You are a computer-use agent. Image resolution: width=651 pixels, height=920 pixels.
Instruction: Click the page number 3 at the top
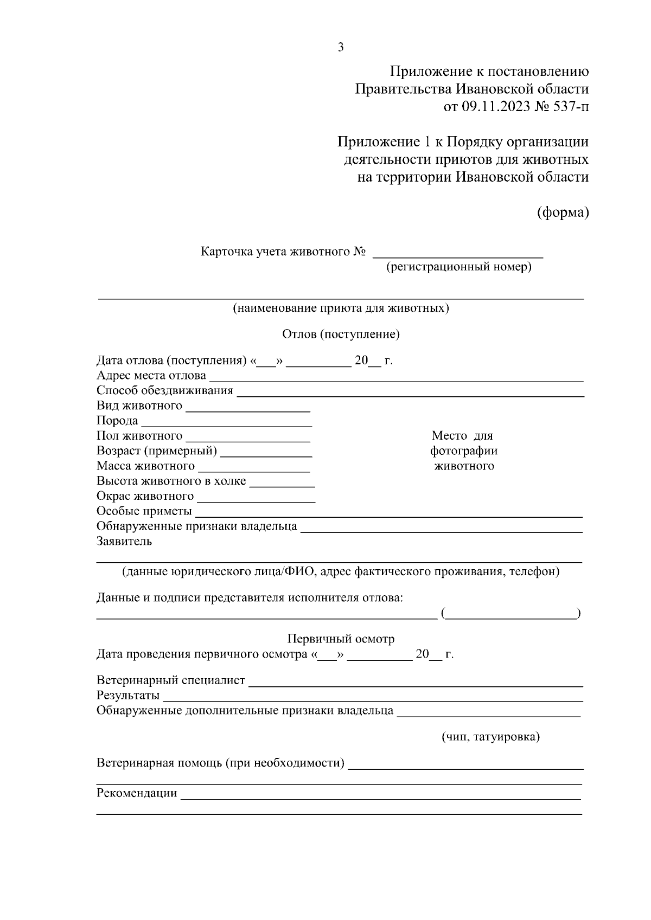[341, 48]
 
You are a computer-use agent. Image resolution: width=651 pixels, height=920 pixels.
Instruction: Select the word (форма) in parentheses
[563, 213]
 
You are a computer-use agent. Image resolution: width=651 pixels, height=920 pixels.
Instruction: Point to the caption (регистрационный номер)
[458, 267]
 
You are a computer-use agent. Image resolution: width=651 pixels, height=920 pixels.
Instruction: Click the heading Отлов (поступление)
[341, 334]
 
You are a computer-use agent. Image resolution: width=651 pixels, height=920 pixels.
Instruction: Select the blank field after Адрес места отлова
[396, 377]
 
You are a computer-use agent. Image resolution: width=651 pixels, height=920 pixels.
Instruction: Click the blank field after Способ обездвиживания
[410, 393]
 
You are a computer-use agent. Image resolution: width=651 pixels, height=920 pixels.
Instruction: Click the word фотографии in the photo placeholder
[464, 451]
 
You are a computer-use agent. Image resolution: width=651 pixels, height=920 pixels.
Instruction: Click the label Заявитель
[124, 541]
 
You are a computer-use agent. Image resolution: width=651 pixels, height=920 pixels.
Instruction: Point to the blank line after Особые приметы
[388, 513]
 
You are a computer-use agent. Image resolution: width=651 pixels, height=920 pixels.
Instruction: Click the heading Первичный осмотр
[341, 639]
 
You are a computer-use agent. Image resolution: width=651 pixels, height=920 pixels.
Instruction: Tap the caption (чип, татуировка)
[490, 737]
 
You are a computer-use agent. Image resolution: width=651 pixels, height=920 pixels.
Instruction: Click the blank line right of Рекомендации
[380, 795]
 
